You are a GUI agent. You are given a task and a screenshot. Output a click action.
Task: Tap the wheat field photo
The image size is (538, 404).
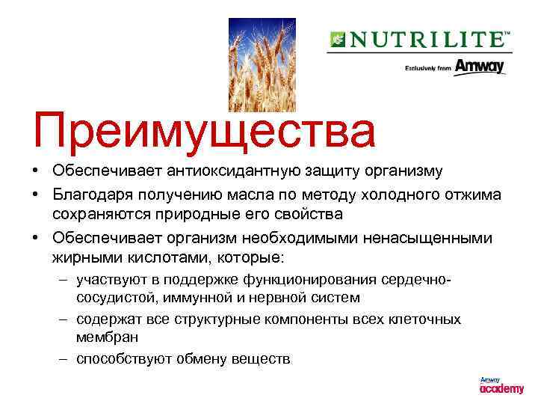[x=257, y=64]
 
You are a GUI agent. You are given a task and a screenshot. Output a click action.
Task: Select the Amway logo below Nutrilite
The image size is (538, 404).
[x=479, y=67]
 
